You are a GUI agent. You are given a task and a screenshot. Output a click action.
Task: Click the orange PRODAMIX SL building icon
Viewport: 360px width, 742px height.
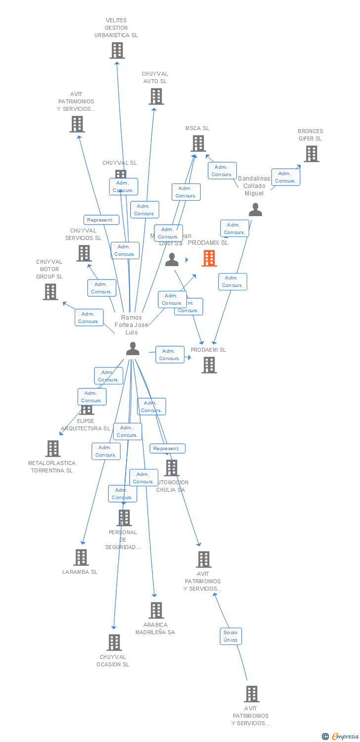(x=209, y=258)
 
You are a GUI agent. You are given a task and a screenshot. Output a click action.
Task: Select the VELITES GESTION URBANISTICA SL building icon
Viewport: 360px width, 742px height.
(x=117, y=50)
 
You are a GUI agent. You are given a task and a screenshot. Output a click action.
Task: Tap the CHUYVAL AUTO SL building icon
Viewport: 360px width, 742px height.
(x=156, y=96)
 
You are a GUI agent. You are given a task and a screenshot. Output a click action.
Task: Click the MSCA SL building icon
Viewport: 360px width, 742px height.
(x=198, y=143)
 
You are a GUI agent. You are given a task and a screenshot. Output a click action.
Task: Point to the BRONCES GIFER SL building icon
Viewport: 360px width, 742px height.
(x=311, y=154)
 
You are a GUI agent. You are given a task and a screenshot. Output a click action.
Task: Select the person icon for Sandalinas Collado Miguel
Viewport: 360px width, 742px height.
(x=255, y=210)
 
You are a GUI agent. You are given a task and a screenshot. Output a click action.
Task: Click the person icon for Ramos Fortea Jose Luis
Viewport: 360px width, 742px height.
(x=133, y=349)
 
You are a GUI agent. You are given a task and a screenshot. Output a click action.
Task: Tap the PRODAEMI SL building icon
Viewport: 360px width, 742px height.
(x=209, y=365)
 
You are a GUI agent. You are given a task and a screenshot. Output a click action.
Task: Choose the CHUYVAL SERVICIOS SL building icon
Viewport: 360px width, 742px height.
(x=84, y=253)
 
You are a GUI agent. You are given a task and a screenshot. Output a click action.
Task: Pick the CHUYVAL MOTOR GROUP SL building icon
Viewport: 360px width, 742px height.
(x=50, y=292)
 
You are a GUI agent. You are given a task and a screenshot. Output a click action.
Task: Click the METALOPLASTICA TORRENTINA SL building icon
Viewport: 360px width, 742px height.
(x=53, y=449)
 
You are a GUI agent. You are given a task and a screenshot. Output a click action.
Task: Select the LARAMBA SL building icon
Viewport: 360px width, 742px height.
(x=81, y=557)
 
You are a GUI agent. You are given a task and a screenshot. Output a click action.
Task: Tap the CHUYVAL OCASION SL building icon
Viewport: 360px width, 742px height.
(x=114, y=643)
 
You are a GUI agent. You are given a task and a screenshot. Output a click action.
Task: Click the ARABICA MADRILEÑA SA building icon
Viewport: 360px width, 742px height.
(x=156, y=610)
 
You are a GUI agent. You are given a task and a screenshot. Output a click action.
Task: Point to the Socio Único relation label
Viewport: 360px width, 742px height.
(x=230, y=636)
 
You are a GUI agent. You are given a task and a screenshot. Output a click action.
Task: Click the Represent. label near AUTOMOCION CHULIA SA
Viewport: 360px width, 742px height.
(x=168, y=449)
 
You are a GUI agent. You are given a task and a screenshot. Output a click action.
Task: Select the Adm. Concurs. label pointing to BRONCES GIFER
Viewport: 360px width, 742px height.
(x=285, y=177)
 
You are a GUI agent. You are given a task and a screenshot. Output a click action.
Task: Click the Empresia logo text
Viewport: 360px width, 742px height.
(x=345, y=737)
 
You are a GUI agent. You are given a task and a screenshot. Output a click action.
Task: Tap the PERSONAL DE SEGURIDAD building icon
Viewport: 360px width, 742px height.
(x=124, y=518)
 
